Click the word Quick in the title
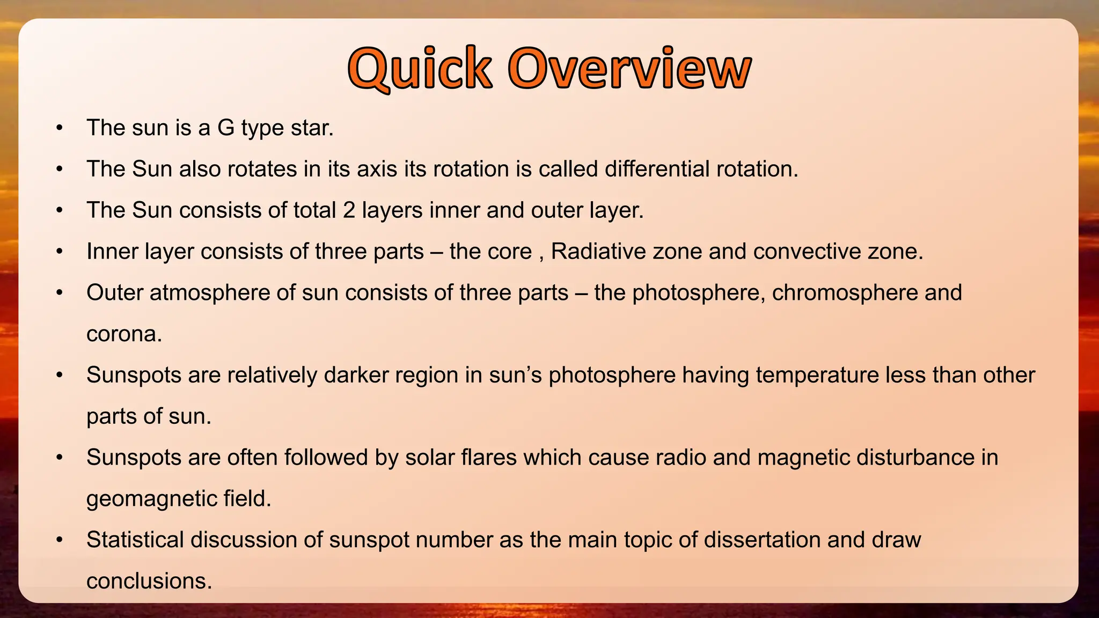click(x=420, y=69)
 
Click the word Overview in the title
click(x=629, y=69)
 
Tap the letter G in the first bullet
click(x=225, y=128)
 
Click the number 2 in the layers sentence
click(x=349, y=210)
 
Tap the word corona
click(x=124, y=334)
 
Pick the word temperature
click(x=817, y=375)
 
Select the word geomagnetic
click(x=151, y=499)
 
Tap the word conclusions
click(x=149, y=581)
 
